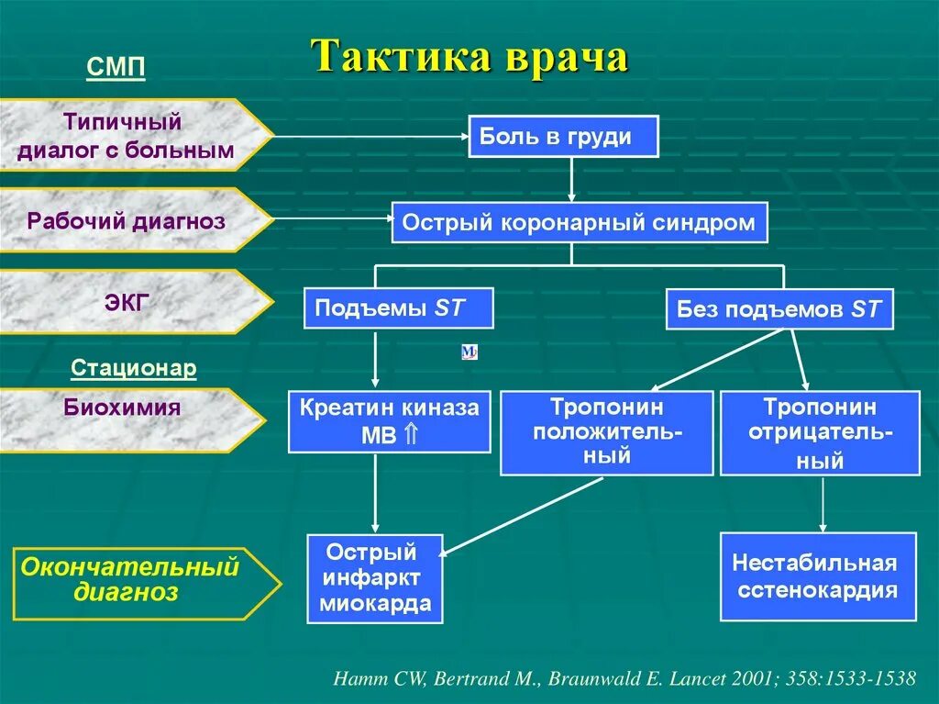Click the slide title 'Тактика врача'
point(469,57)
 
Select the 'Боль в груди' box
point(563,137)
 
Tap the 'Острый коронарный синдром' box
point(578,222)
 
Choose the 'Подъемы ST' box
point(398,307)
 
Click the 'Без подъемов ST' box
point(779,309)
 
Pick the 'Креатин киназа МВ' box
point(389,421)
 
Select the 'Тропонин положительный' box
point(606,432)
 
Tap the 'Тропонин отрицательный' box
point(819,432)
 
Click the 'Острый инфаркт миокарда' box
point(374,578)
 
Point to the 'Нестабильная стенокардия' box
point(817,576)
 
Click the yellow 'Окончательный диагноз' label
point(138,579)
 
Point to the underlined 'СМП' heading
point(116,68)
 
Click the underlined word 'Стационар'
point(134,368)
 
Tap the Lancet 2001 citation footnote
point(624,678)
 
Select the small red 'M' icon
point(469,352)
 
